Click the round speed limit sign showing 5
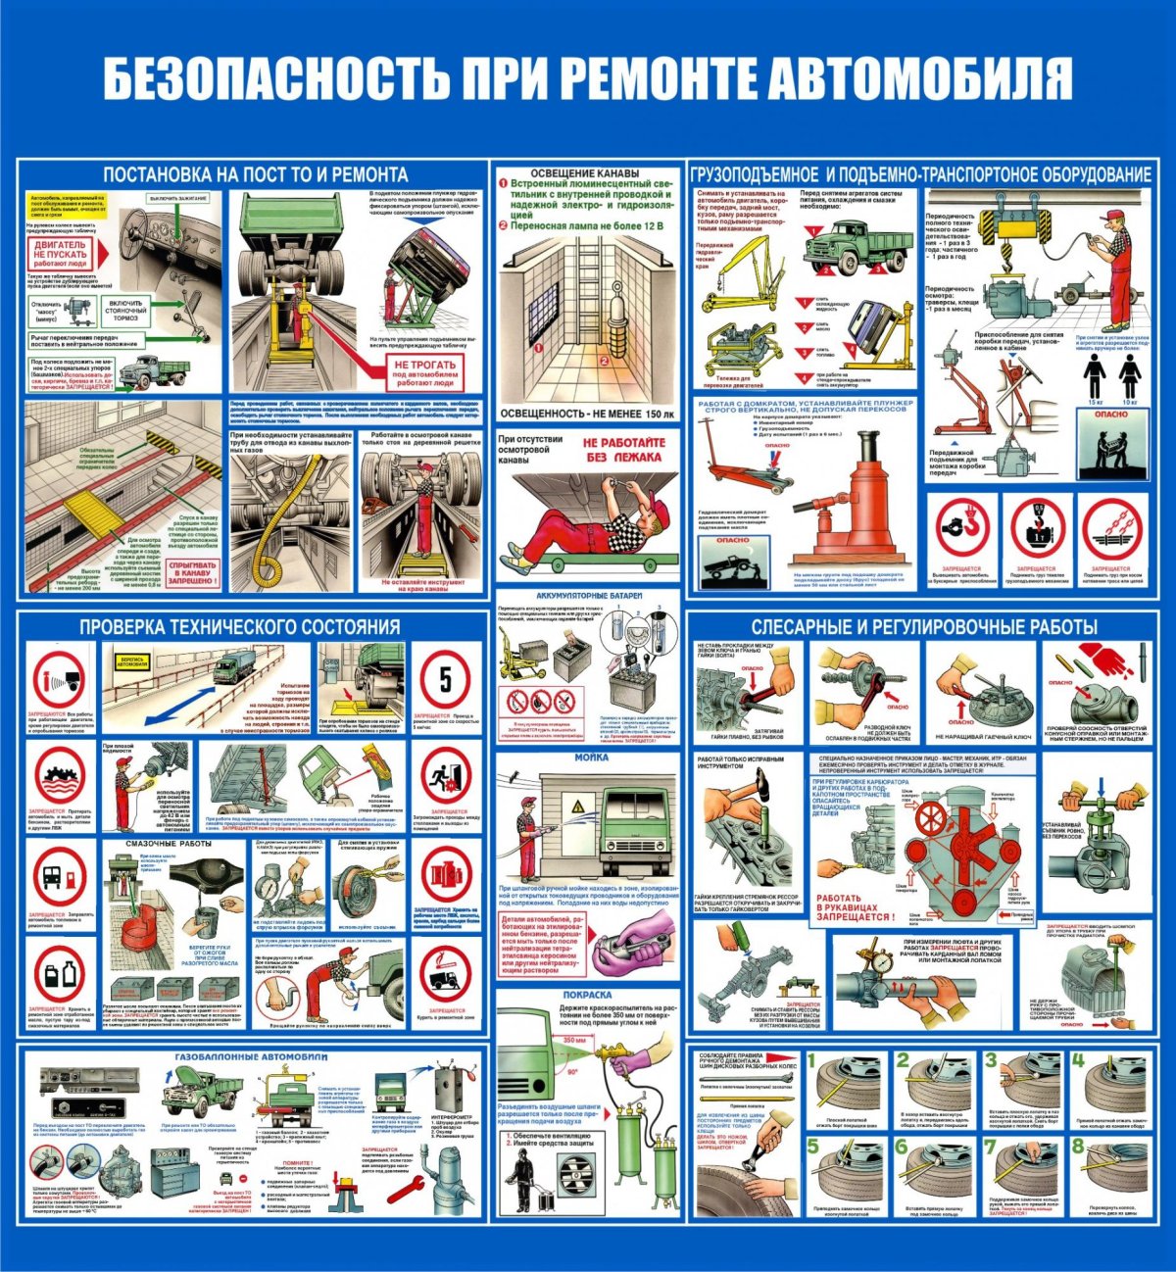click(x=446, y=679)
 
